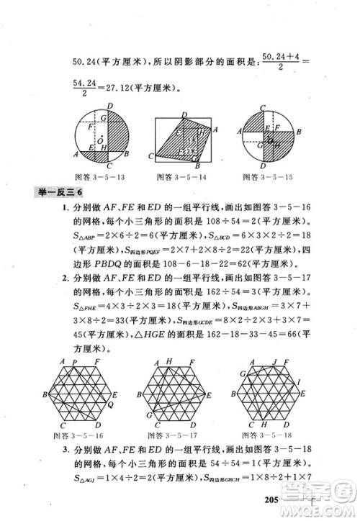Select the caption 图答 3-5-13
(99, 175)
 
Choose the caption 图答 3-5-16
(84, 436)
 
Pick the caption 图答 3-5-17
(181, 436)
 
